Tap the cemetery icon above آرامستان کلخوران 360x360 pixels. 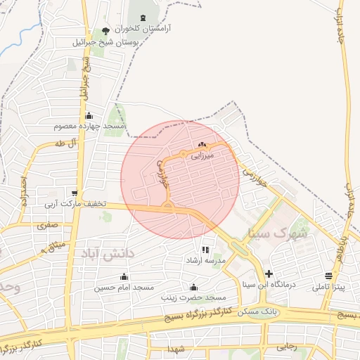click(x=144, y=18)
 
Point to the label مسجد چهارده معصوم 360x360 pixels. click(x=89, y=127)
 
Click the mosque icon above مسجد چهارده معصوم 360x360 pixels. click(x=89, y=116)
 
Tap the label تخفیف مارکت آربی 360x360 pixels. click(x=75, y=205)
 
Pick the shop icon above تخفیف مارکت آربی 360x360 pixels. click(x=75, y=193)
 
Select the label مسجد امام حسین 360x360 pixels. click(x=124, y=288)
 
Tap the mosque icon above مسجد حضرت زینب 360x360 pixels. click(x=193, y=287)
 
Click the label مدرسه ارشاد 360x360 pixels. click(x=205, y=260)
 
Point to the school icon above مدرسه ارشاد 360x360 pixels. click(x=205, y=250)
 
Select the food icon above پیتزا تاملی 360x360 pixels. click(x=329, y=276)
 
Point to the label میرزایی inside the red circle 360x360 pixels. click(x=207, y=157)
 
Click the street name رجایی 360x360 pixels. click(x=287, y=346)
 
